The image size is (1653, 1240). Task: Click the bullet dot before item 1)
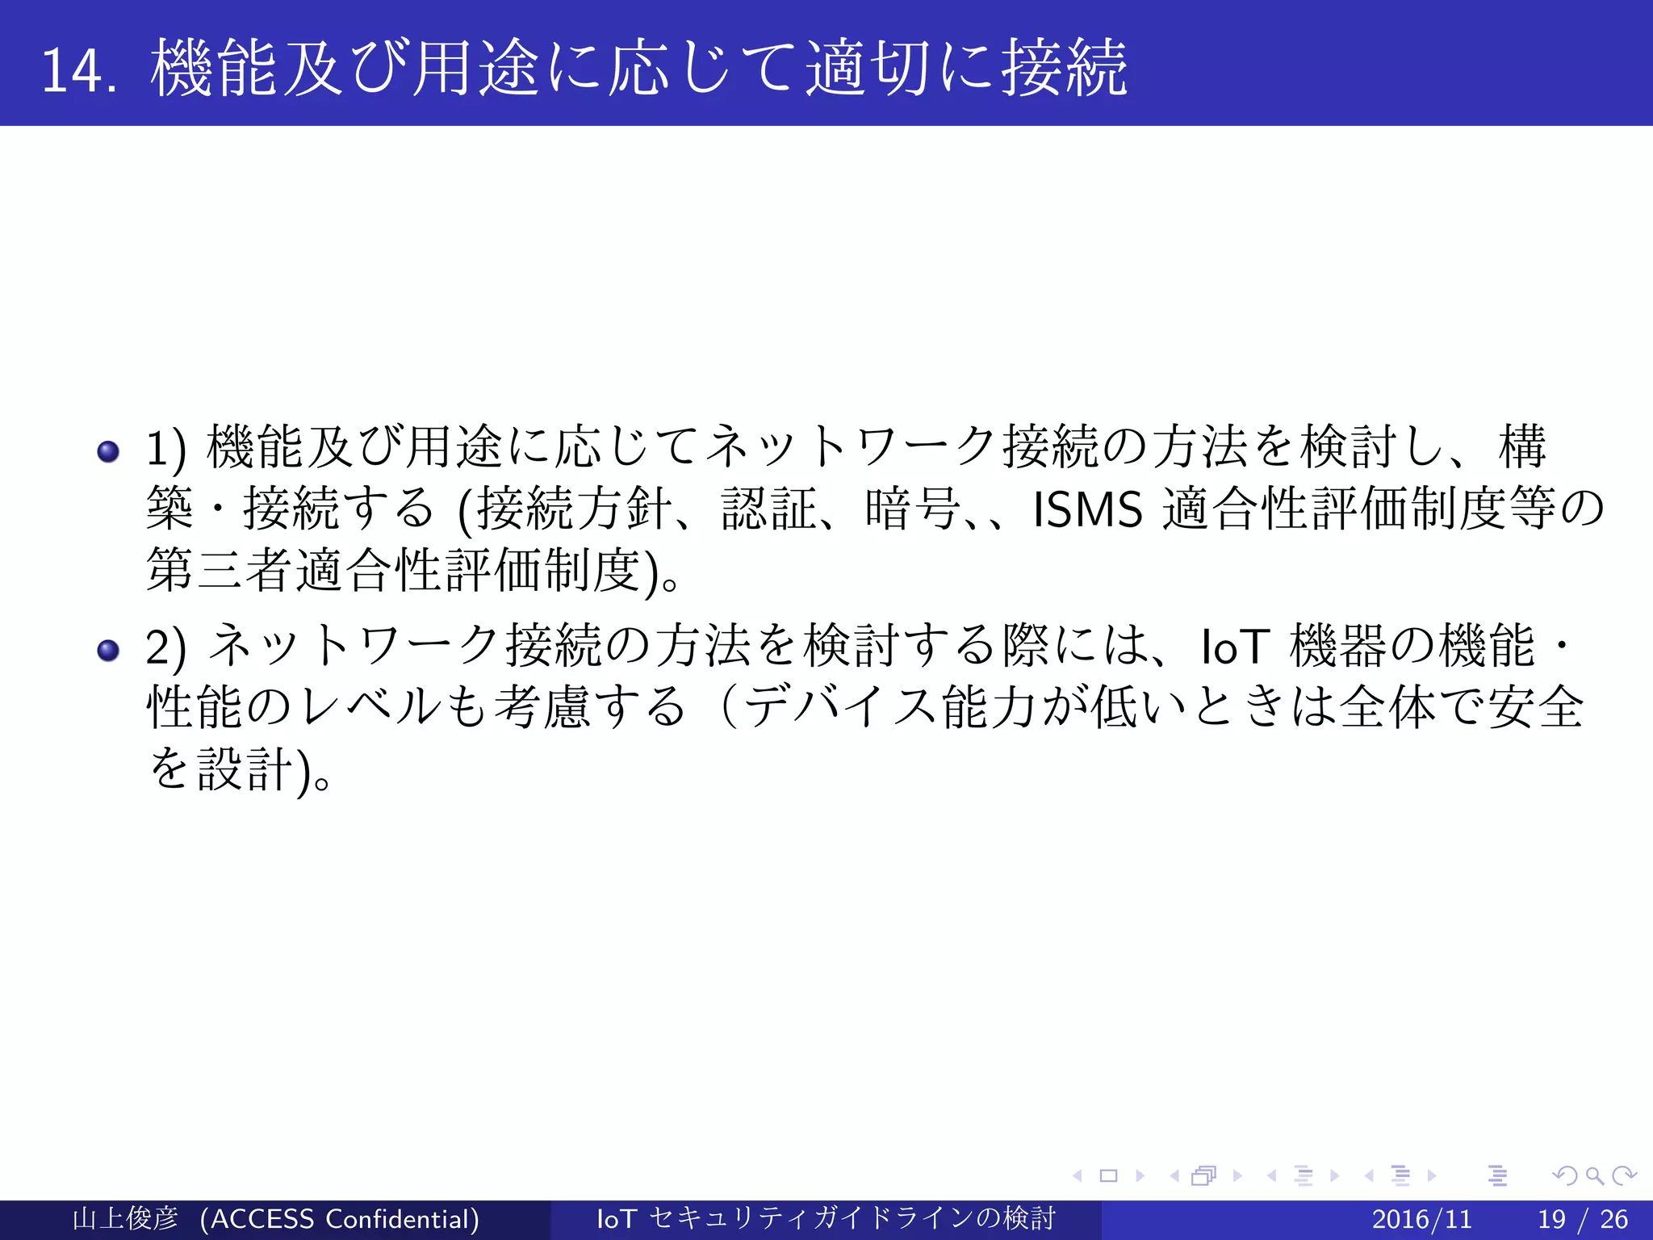pyautogui.click(x=108, y=450)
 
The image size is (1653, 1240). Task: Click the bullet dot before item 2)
pyautogui.click(x=108, y=650)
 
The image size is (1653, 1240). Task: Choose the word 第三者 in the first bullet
pyautogui.click(x=220, y=571)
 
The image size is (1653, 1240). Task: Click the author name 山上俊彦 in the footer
pyautogui.click(x=125, y=1219)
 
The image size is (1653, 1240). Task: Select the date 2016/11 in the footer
pyautogui.click(x=1421, y=1219)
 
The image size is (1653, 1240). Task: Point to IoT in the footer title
pyautogui.click(x=617, y=1219)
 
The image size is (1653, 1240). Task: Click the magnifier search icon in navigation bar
pyautogui.click(x=1594, y=1176)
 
